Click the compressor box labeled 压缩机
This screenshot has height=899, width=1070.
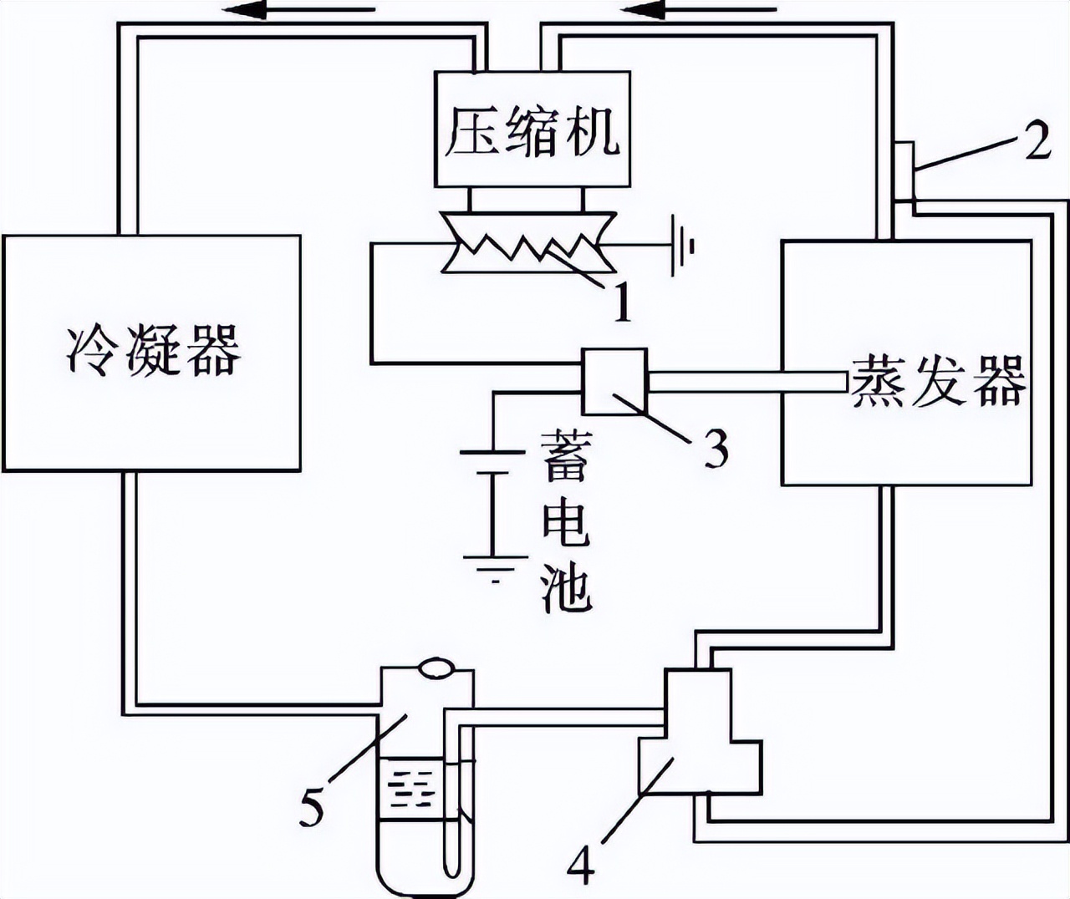pyautogui.click(x=532, y=130)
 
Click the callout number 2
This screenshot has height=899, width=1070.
pyautogui.click(x=1037, y=142)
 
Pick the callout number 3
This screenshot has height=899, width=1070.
pyautogui.click(x=714, y=448)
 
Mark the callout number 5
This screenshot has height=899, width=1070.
pyautogui.click(x=311, y=807)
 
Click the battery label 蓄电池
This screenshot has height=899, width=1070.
pyautogui.click(x=566, y=522)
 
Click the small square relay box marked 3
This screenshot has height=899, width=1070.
pyautogui.click(x=614, y=382)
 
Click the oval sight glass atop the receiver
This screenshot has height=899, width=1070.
pyautogui.click(x=434, y=668)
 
